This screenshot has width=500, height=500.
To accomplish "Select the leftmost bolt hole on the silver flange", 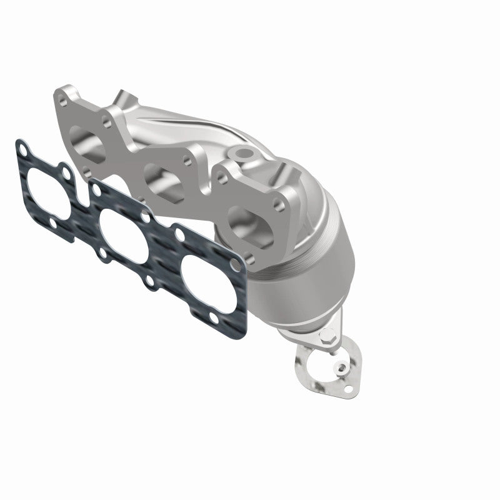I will tap(63, 99).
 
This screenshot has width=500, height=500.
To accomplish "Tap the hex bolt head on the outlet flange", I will tap(327, 341).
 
